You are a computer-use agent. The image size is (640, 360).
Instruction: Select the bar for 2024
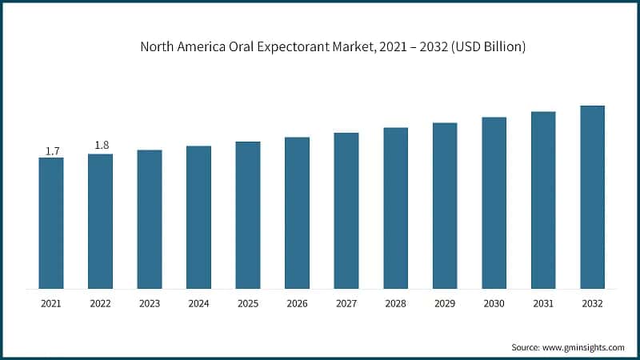[198, 217]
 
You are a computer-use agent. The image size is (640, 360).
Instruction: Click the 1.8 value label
[102, 145]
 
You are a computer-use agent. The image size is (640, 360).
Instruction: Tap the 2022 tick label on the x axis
[100, 304]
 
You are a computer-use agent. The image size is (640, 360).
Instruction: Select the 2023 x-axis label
[150, 304]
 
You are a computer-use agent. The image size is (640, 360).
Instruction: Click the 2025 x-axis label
[248, 304]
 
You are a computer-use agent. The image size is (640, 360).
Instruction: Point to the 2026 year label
[297, 304]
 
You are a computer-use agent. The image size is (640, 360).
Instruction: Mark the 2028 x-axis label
[395, 304]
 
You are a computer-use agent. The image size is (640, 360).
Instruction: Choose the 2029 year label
[445, 304]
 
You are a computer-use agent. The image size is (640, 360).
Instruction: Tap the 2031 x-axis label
[543, 304]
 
